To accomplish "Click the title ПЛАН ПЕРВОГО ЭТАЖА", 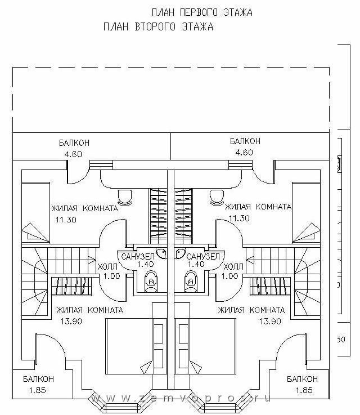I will point(202,12).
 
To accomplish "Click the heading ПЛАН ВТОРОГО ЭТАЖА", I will point(158,26).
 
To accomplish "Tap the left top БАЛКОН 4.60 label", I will point(73,148).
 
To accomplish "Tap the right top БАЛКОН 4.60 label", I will point(245,146).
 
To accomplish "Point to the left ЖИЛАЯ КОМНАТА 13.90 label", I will point(89,315).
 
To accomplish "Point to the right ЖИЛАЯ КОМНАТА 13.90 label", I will point(251,315).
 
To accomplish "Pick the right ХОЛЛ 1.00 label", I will point(233,271).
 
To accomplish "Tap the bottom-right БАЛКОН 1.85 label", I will point(301,384).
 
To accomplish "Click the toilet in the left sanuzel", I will point(150,280).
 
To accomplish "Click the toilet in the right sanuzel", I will point(190,280).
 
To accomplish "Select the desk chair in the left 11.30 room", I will point(126,197).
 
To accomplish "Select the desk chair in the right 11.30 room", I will point(215,197).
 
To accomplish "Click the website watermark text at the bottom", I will point(180,398).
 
